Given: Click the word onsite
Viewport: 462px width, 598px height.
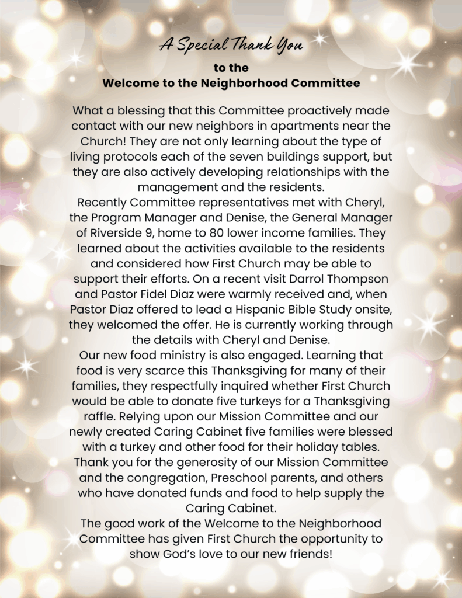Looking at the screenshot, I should pyautogui.click(x=371, y=308).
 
